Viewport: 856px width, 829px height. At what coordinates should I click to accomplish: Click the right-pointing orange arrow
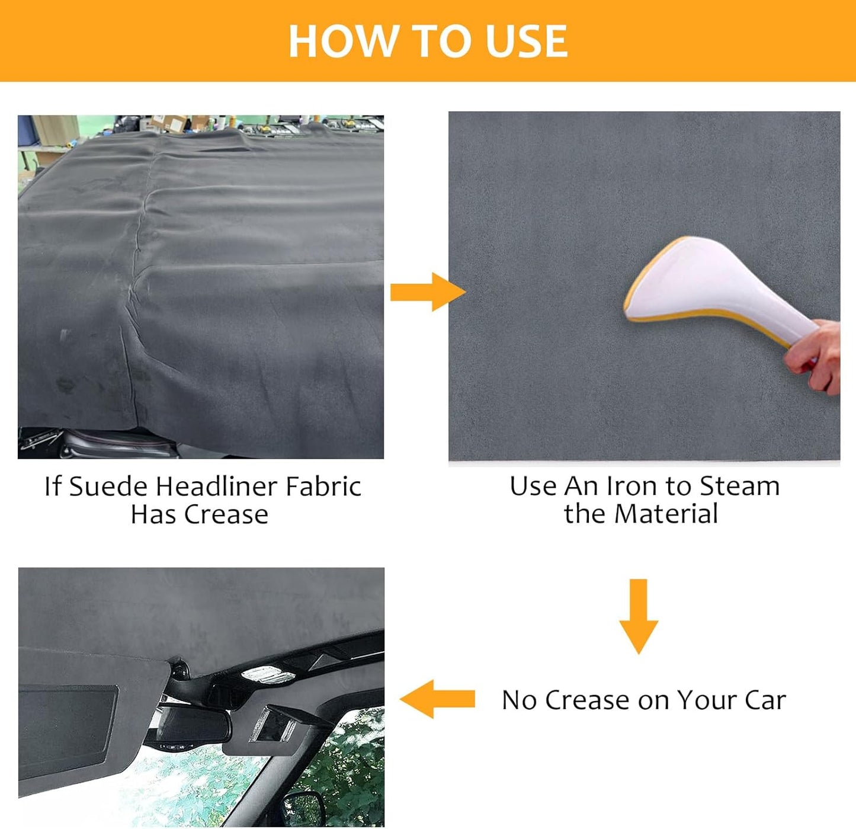[428, 292]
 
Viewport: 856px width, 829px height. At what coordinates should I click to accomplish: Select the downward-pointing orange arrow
[638, 616]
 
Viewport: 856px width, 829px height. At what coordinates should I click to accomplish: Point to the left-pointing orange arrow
[437, 699]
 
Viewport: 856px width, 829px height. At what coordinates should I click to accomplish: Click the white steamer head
[713, 290]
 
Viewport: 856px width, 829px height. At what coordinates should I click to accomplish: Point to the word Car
[765, 700]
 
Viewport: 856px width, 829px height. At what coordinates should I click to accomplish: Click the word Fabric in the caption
[323, 486]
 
